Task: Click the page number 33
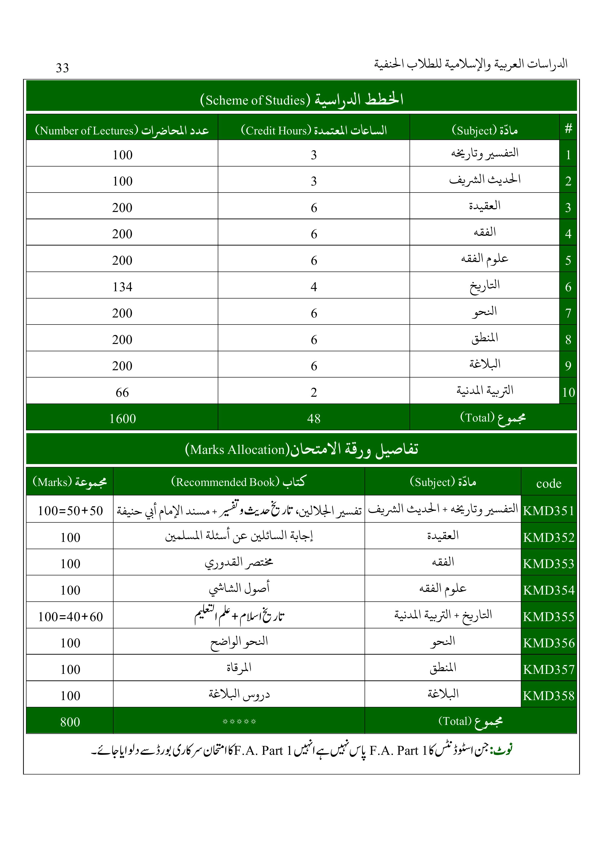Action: click(62, 68)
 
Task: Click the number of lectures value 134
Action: click(122, 287)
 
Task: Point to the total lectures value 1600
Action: click(122, 419)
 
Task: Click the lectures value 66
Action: click(122, 392)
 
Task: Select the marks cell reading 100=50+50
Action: click(70, 511)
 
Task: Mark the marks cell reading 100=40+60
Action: click(70, 617)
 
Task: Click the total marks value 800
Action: click(70, 722)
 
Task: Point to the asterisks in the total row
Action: click(239, 722)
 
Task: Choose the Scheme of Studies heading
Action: click(301, 100)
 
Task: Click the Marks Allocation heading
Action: click(301, 449)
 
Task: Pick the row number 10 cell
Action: click(568, 392)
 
